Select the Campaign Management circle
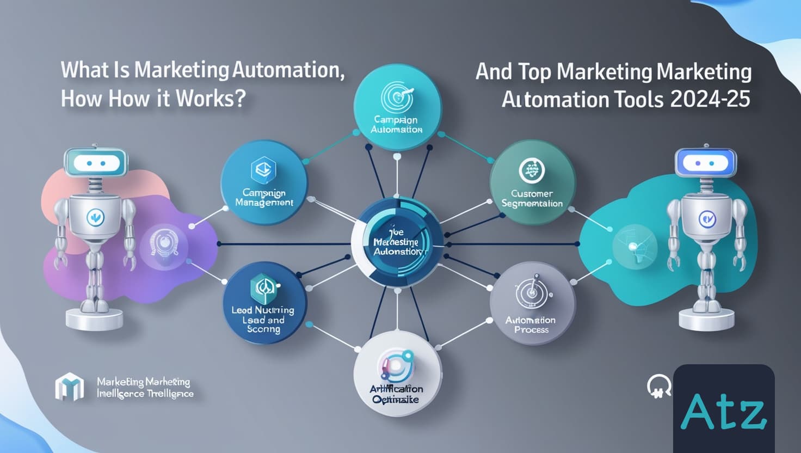pyautogui.click(x=264, y=182)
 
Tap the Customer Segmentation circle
pyautogui.click(x=532, y=182)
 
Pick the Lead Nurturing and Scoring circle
pyautogui.click(x=264, y=303)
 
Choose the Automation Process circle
pyautogui.click(x=532, y=303)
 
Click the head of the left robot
pyautogui.click(x=95, y=163)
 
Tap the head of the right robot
pyautogui.click(x=705, y=163)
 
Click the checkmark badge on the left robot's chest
pyautogui.click(x=95, y=218)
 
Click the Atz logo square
pyautogui.click(x=724, y=408)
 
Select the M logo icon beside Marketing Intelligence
pyautogui.click(x=70, y=386)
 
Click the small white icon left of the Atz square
pyautogui.click(x=658, y=387)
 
